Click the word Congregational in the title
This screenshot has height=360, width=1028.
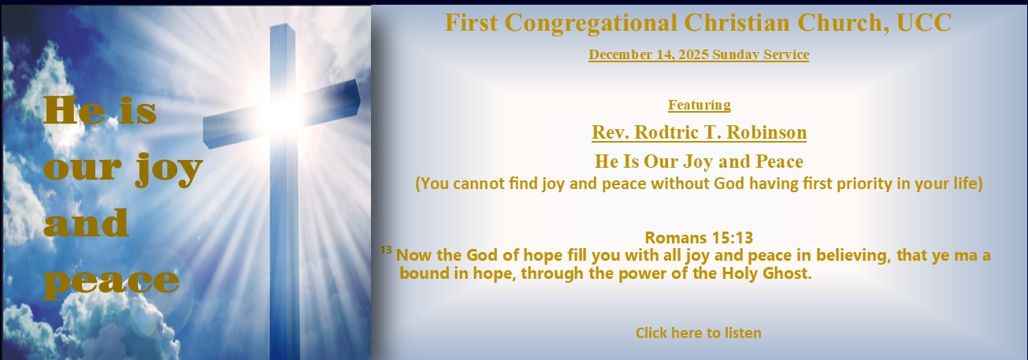[591, 23]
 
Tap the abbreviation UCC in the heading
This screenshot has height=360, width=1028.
[924, 22]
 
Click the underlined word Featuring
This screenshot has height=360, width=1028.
[699, 105]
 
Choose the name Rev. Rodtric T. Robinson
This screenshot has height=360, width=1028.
[699, 132]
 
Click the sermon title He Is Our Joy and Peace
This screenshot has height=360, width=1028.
[699, 161]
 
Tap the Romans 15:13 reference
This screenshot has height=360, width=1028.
[699, 237]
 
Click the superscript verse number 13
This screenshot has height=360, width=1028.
[386, 250]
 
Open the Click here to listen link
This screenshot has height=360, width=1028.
[699, 332]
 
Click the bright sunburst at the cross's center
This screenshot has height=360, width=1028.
[283, 110]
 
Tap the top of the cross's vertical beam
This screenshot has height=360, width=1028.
[282, 28]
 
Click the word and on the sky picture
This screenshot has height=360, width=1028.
[86, 223]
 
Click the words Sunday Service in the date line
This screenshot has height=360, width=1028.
[760, 54]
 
